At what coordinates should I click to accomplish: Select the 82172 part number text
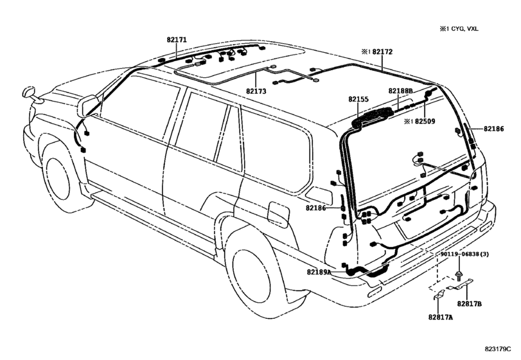coord(383,50)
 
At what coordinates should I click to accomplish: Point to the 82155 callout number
coord(358,100)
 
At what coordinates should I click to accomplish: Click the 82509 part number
coord(425,120)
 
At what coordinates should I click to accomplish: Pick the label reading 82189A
coord(319,273)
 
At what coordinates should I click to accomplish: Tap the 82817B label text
coord(470,303)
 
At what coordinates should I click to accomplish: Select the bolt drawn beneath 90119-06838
coord(459,276)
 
